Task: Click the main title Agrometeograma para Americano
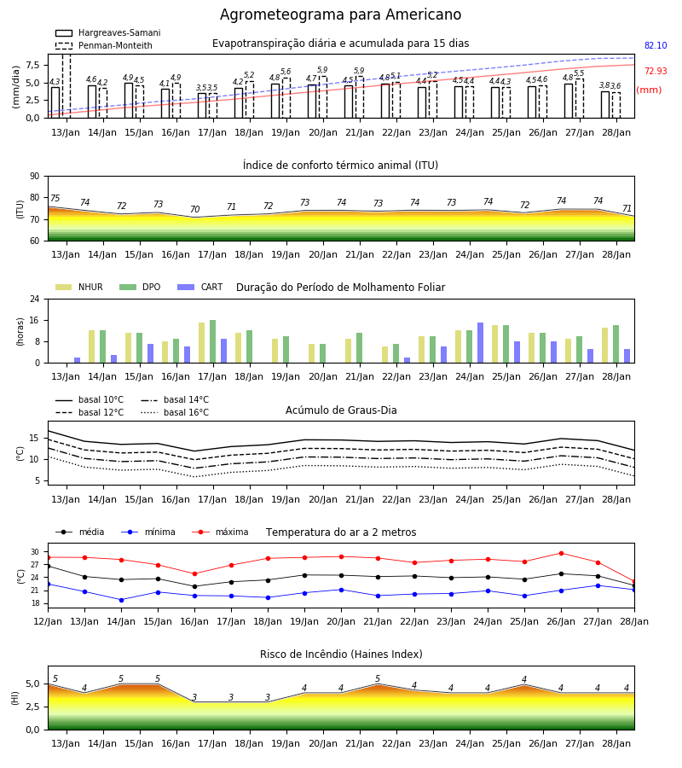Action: point(340,15)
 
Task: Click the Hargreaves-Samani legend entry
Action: point(108,32)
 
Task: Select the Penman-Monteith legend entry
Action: point(104,45)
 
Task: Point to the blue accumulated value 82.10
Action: point(656,45)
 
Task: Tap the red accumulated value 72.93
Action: point(656,71)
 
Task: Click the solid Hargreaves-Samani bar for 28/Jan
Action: point(605,105)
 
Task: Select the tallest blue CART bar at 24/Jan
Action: point(481,343)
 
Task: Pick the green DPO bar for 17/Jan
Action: point(213,341)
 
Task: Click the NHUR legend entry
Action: point(79,287)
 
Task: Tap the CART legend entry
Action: point(200,287)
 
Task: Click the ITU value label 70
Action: point(194,209)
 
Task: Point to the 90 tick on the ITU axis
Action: point(35,177)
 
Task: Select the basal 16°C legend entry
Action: point(175,412)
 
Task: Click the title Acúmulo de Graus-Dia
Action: point(341,410)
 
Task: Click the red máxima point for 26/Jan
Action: point(561,554)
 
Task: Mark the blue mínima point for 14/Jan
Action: point(121,600)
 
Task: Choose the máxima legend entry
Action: point(220,532)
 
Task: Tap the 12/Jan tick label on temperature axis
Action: point(48,621)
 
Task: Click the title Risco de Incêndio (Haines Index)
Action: point(341,654)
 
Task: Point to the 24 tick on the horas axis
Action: point(35,299)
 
